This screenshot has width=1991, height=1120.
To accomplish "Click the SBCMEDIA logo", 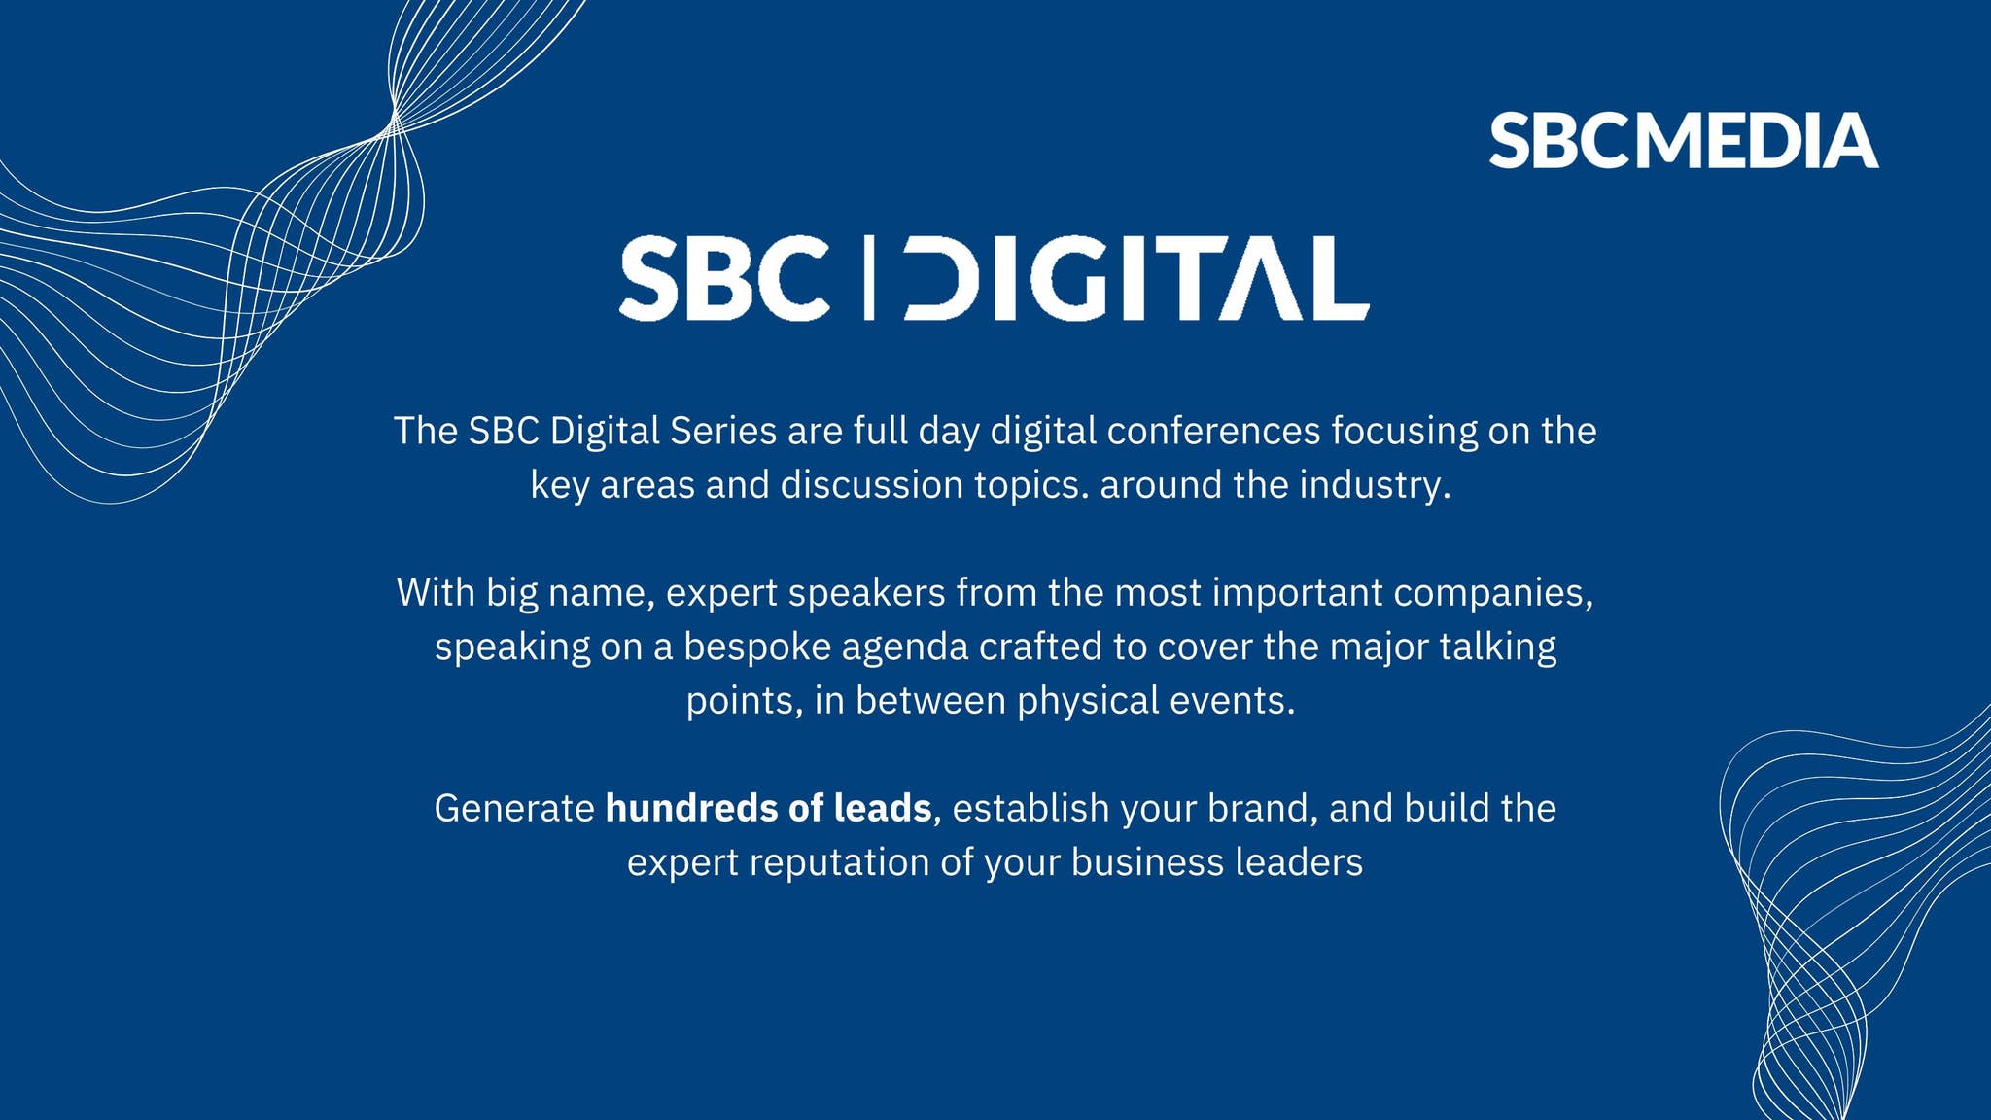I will tap(1683, 141).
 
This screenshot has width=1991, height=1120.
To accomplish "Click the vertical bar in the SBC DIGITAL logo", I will tap(869, 278).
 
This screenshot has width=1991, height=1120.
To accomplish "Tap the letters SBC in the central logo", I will tap(724, 278).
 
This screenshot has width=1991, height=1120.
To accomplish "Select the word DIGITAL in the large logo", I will tap(1135, 278).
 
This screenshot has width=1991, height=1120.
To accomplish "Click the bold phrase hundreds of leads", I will tap(768, 809).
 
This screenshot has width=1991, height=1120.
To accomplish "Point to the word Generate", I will tap(513, 809).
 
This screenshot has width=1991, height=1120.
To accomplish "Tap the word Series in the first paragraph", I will tap(722, 432).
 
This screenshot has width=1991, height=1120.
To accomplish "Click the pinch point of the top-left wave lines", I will tap(394, 121).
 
